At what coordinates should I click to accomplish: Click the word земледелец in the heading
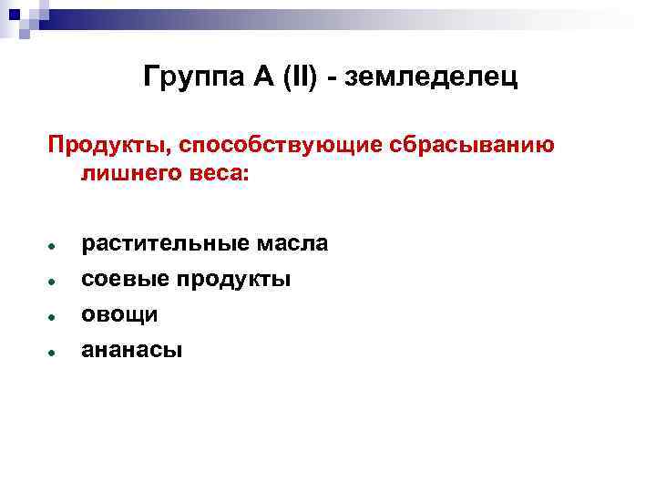pyautogui.click(x=431, y=79)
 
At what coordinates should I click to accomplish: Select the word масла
pyautogui.click(x=293, y=244)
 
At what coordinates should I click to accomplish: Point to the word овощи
pyautogui.click(x=119, y=315)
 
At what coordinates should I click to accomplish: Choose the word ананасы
pyautogui.click(x=132, y=350)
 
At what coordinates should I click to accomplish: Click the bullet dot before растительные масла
pyautogui.click(x=56, y=247)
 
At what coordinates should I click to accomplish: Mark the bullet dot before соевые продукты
pyautogui.click(x=56, y=282)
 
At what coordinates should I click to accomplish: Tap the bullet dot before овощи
pyautogui.click(x=56, y=317)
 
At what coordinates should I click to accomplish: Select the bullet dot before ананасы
pyautogui.click(x=56, y=352)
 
